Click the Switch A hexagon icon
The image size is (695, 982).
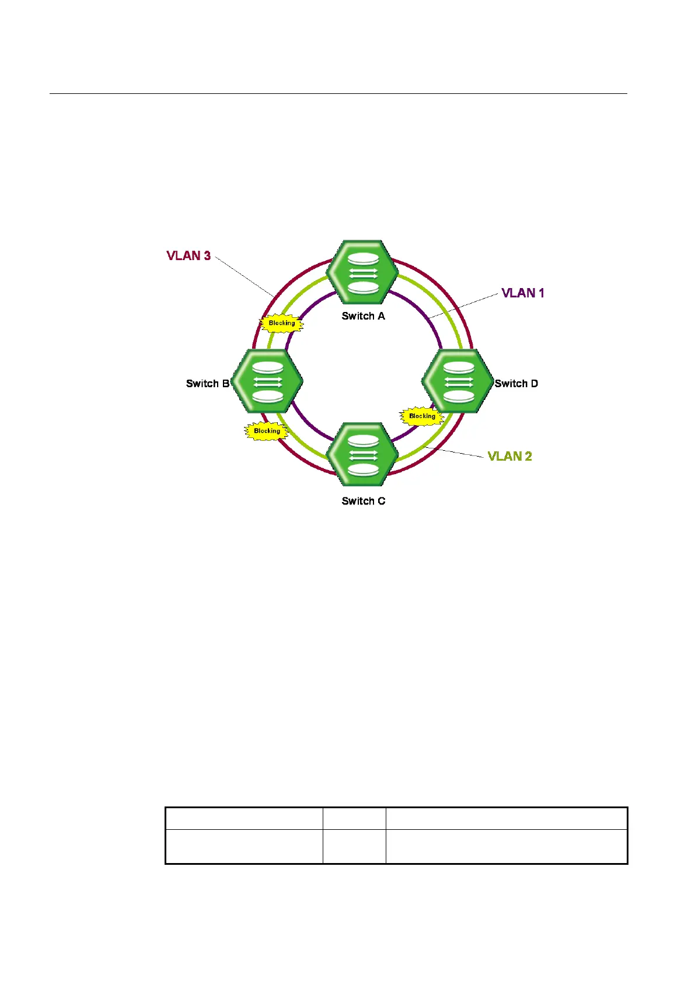362,272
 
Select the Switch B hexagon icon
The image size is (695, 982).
267,381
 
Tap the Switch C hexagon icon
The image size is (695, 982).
362,455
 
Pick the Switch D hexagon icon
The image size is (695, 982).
457,381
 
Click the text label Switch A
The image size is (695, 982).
363,316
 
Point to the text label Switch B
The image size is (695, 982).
207,384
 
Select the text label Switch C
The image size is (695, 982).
363,501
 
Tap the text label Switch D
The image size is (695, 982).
516,384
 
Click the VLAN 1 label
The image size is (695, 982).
523,293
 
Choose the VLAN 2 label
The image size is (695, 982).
509,456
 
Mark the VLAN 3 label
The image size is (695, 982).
188,255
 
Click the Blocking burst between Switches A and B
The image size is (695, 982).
282,323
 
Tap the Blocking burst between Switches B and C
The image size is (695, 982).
267,431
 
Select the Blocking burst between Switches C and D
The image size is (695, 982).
422,416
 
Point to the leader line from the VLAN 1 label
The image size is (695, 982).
464,306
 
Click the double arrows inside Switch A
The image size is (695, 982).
362,272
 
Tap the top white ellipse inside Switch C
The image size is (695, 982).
362,441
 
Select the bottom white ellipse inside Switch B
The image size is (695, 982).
267,396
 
